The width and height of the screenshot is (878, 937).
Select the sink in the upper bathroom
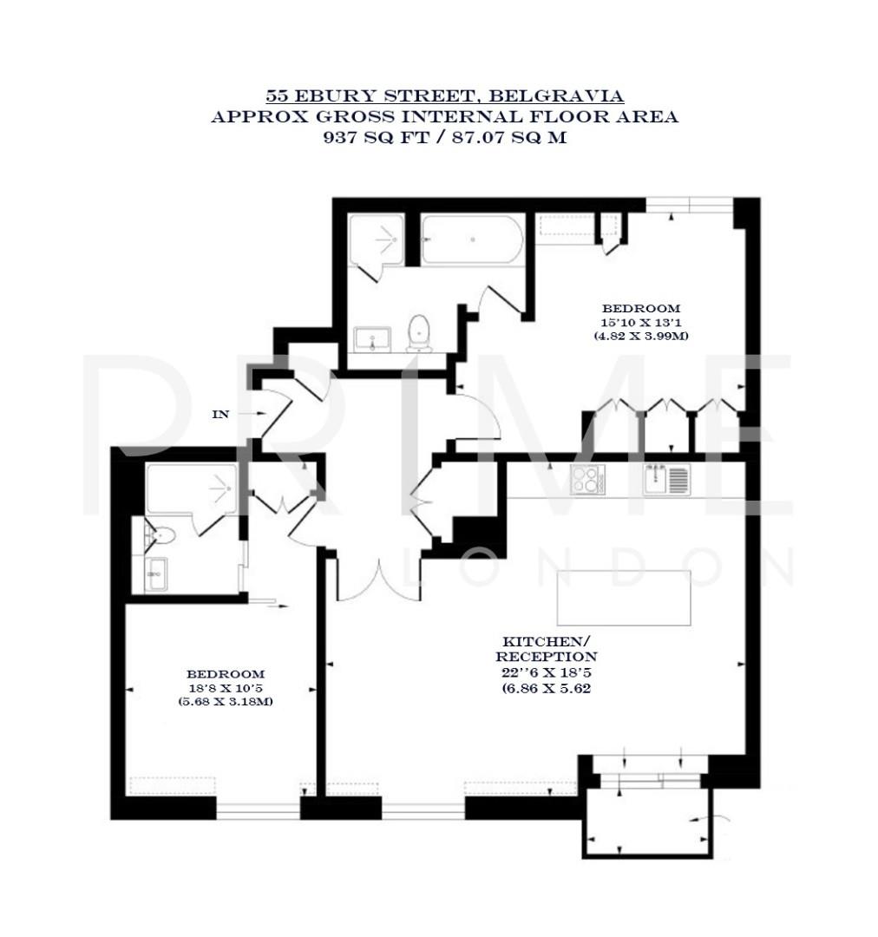coord(374,338)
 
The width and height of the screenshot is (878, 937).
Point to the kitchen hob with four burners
coord(587,479)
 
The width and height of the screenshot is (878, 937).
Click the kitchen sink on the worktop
coord(667,478)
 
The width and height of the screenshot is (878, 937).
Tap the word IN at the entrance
coord(221,415)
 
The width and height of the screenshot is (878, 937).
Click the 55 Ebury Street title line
coord(444,95)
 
